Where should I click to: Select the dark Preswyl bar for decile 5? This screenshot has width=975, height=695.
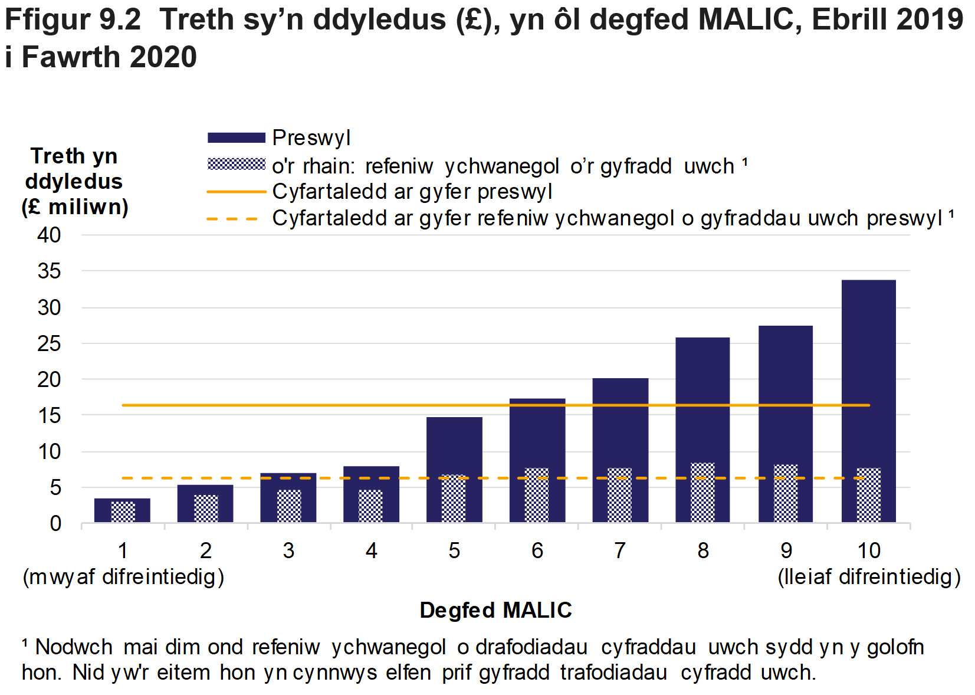(454, 442)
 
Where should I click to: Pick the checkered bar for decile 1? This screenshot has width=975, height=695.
(123, 512)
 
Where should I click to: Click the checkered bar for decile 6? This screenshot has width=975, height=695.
(537, 496)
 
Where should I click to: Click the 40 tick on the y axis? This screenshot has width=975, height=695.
(50, 235)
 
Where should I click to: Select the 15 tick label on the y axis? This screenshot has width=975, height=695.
(50, 415)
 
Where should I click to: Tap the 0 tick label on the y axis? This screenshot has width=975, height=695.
(55, 523)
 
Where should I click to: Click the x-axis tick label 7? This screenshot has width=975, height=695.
(620, 550)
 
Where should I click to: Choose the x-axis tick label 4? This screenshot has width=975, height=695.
(371, 550)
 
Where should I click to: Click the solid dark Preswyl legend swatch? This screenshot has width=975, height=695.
(237, 138)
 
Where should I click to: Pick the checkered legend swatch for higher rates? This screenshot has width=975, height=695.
(237, 164)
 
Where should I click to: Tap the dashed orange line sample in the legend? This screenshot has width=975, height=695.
(233, 219)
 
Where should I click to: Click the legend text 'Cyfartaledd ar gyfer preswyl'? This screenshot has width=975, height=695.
(412, 192)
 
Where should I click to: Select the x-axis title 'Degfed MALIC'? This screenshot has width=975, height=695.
(495, 610)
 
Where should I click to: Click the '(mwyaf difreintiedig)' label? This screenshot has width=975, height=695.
(123, 576)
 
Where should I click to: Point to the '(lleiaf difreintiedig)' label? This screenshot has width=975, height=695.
(869, 576)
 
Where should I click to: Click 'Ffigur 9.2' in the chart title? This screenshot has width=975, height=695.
(73, 19)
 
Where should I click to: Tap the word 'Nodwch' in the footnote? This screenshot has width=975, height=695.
(74, 647)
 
